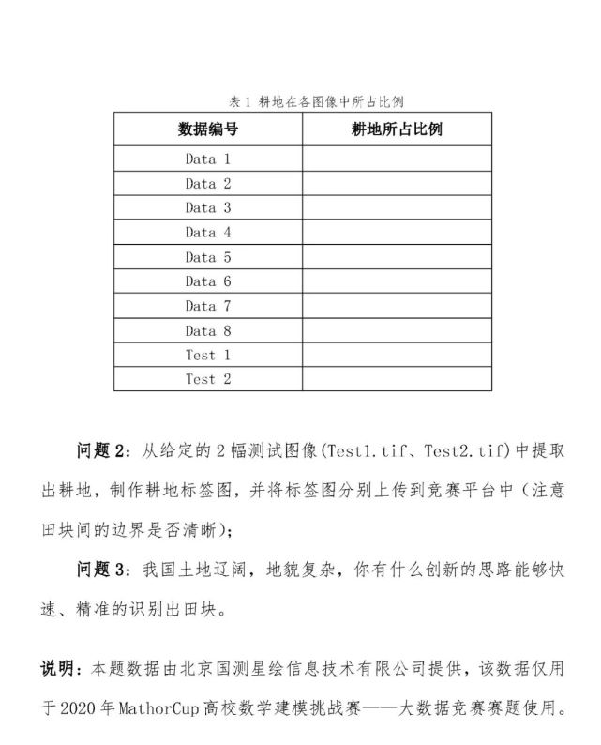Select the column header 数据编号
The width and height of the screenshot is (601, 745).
pyautogui.click(x=207, y=129)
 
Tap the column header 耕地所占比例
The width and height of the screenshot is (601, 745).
pyautogui.click(x=397, y=129)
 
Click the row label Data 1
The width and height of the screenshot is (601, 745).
pyautogui.click(x=207, y=160)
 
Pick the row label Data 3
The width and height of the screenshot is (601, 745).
pyautogui.click(x=207, y=208)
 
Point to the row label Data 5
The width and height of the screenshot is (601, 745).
pyautogui.click(x=207, y=257)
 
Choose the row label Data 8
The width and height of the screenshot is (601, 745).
pyautogui.click(x=207, y=330)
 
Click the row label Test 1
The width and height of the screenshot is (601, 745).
pyautogui.click(x=207, y=355)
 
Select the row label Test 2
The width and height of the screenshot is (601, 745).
pyautogui.click(x=207, y=379)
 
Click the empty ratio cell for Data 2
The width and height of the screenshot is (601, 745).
pyautogui.click(x=397, y=184)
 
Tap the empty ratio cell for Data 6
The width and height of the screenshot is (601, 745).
pyautogui.click(x=397, y=281)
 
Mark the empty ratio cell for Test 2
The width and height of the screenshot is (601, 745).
pyautogui.click(x=397, y=379)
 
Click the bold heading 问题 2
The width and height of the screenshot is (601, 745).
pyautogui.click(x=105, y=451)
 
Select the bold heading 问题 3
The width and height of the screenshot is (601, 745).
pyautogui.click(x=105, y=570)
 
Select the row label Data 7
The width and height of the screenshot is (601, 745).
pyautogui.click(x=207, y=306)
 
